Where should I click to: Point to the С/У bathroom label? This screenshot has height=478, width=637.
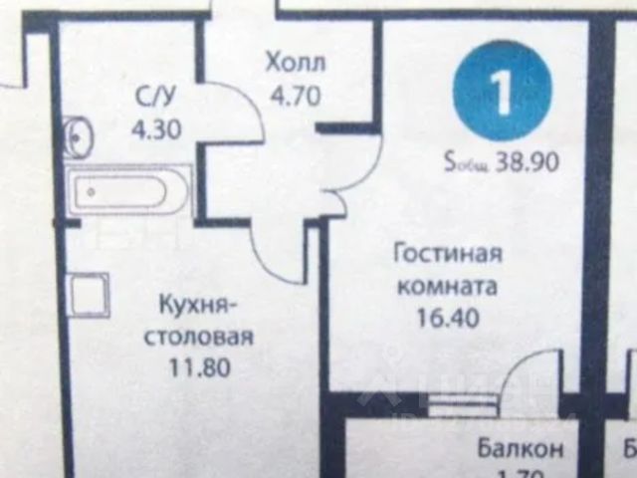156,98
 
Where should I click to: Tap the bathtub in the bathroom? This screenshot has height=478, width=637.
129,189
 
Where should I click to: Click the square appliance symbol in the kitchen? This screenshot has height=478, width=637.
87,295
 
